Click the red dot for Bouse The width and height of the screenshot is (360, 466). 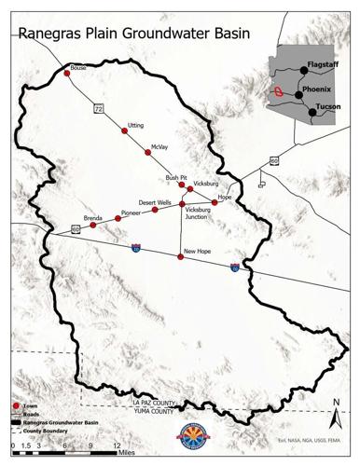tap(67, 72)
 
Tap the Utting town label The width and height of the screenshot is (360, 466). tap(136, 124)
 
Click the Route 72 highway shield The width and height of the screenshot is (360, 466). tap(97, 108)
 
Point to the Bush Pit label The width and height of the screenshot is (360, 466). tap(177, 176)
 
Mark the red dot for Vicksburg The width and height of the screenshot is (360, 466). tap(189, 188)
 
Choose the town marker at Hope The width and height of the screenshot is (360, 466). tap(214, 202)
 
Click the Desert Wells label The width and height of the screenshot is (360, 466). tap(155, 201)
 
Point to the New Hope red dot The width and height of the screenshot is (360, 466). tap(180, 255)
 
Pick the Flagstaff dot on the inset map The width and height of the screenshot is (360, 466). tap(304, 69)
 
